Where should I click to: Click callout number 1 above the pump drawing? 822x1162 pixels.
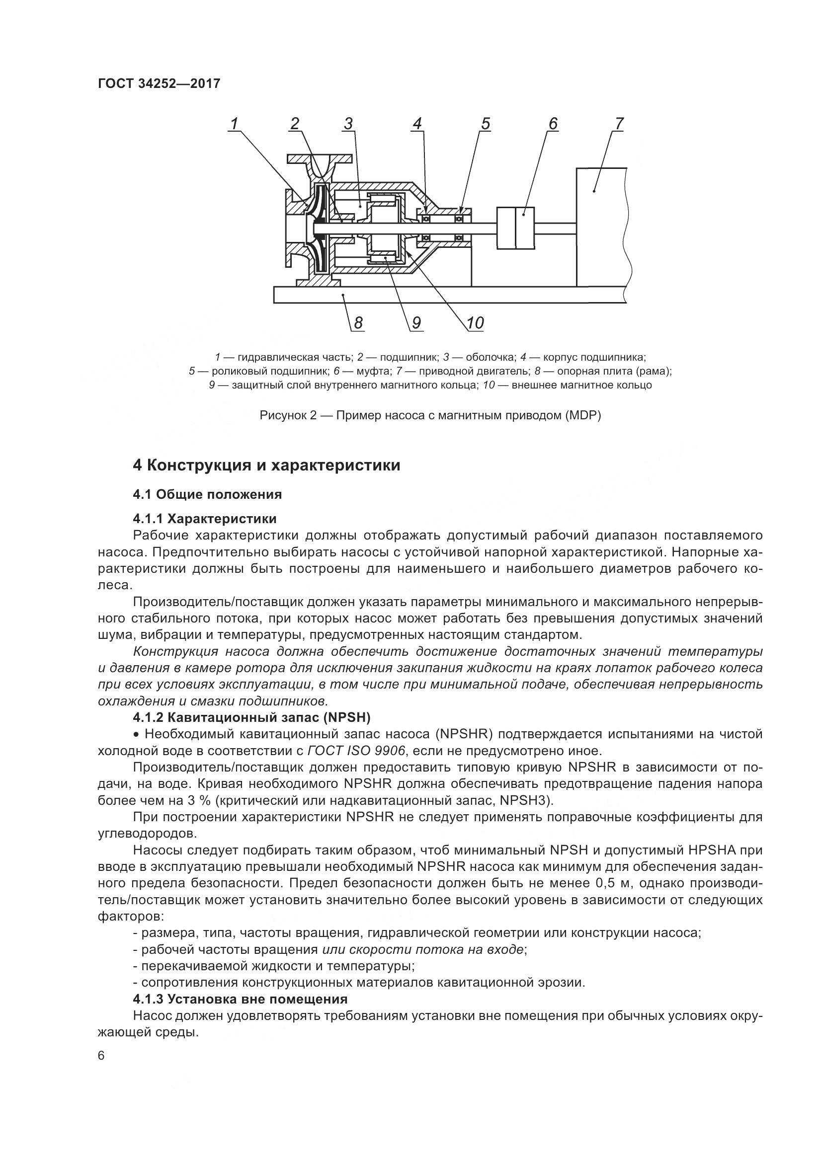(235, 124)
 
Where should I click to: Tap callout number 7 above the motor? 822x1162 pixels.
(619, 124)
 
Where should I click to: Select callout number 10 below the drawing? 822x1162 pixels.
(475, 323)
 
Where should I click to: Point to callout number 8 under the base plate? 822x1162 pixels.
(358, 323)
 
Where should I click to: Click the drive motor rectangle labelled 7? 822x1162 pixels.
(601, 228)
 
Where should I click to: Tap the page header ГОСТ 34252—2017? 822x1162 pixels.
(159, 83)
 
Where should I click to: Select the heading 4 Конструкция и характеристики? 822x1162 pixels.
(266, 465)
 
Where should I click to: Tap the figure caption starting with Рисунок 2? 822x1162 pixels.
(430, 416)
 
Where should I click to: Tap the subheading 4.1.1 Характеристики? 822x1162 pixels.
(204, 519)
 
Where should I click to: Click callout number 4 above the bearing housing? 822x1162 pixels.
(416, 124)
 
